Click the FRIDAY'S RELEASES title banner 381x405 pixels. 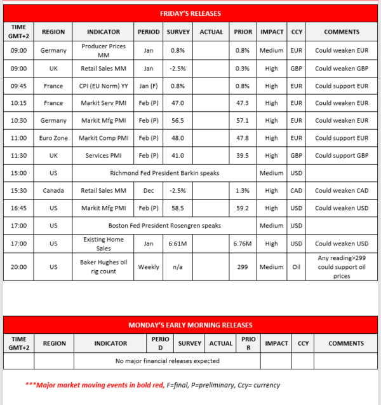point(190,13)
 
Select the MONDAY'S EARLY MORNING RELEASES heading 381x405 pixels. point(190,325)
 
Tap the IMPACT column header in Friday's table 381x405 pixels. point(272,32)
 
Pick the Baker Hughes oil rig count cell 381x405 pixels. point(104,267)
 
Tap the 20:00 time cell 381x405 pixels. point(18,267)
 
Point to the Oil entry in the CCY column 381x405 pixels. point(297,267)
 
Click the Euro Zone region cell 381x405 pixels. point(53,137)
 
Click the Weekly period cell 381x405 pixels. point(149,267)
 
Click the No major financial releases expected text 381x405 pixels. point(168,361)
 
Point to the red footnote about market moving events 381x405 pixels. point(152,385)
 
